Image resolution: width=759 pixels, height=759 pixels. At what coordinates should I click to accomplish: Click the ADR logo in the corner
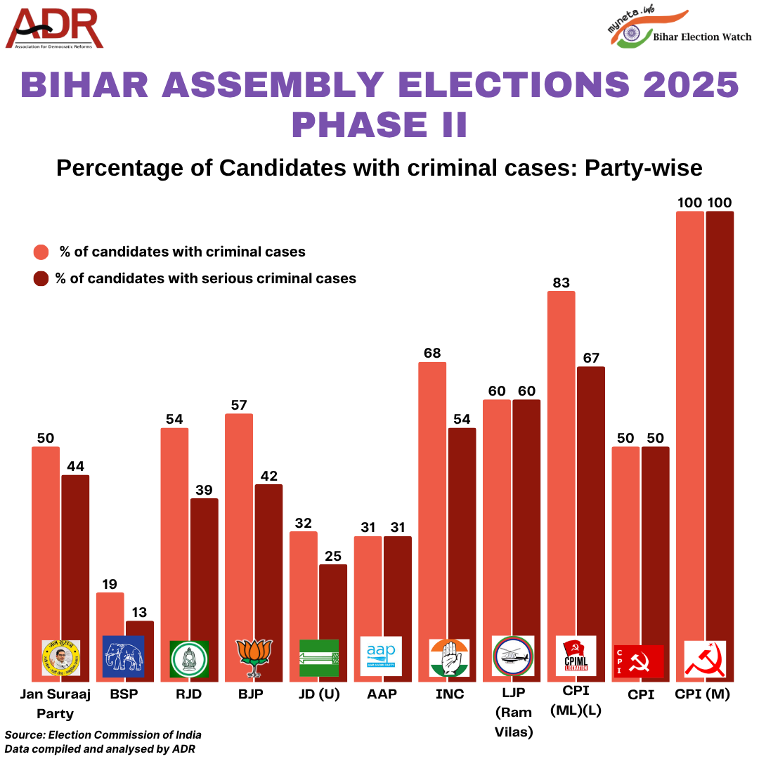[x=55, y=29]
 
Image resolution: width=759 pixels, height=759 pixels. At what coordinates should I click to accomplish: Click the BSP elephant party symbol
[x=123, y=656]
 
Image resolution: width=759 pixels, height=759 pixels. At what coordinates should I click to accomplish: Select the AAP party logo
[x=381, y=656]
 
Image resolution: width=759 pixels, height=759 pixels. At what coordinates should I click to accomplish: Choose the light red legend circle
[x=41, y=252]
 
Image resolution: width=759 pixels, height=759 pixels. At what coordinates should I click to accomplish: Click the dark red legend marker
[x=41, y=278]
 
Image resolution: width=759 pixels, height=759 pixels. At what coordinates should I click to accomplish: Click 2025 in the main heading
[x=685, y=84]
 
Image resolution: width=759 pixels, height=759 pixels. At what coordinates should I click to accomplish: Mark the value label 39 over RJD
[x=205, y=490]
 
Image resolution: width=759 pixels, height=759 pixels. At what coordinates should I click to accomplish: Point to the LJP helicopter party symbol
[x=513, y=656]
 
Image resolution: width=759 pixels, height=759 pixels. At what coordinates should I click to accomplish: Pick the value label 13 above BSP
[x=140, y=612]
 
